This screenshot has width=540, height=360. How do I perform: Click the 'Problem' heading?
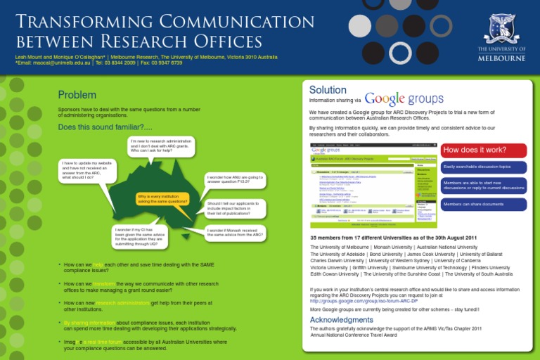click(x=77, y=95)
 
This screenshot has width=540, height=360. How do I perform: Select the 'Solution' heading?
click(x=328, y=90)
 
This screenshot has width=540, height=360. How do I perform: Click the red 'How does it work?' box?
click(x=484, y=150)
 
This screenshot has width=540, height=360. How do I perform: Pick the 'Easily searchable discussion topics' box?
click(x=484, y=167)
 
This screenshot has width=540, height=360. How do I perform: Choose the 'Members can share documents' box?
click(x=484, y=205)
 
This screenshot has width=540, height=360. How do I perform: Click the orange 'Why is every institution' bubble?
click(x=162, y=199)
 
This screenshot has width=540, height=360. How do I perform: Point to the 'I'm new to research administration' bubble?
click(x=161, y=146)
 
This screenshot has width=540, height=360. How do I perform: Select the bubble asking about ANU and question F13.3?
click(x=235, y=180)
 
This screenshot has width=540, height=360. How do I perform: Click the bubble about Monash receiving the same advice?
click(x=235, y=233)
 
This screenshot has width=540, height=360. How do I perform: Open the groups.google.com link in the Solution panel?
click(x=359, y=300)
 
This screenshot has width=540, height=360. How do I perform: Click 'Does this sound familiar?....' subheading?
click(x=105, y=127)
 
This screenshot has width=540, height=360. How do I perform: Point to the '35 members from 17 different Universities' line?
click(x=375, y=238)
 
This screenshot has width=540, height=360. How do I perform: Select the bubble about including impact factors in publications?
click(x=235, y=207)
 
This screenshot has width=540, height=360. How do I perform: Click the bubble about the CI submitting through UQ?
click(x=141, y=237)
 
